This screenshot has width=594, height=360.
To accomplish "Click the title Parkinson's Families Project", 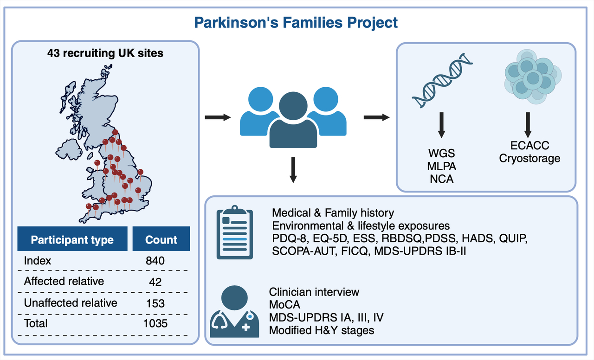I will click(x=296, y=22).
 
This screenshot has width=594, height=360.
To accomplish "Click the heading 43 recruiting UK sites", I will click(x=105, y=53).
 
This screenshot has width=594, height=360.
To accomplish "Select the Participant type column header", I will click(x=72, y=240).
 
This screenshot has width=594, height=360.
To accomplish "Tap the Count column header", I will click(x=161, y=240).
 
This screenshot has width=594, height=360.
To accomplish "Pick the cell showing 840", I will click(x=155, y=261).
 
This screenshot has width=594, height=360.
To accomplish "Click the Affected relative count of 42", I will click(x=155, y=282).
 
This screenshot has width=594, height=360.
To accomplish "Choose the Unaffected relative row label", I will click(x=71, y=303).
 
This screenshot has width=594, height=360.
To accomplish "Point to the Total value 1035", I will click(x=155, y=323).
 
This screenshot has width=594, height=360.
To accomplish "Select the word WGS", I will click(x=442, y=153).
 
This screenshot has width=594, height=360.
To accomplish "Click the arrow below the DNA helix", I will click(x=442, y=124).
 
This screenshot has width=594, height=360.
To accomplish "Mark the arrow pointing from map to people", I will click(x=218, y=117).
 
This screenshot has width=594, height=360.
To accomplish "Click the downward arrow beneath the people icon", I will click(x=293, y=169).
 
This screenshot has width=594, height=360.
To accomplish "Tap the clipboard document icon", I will click(x=234, y=233).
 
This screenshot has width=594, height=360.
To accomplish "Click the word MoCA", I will click(x=284, y=305).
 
